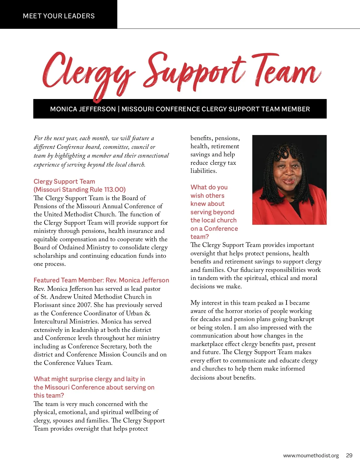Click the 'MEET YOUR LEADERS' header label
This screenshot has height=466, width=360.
click(59, 16)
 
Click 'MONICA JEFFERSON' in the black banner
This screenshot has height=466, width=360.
click(83, 109)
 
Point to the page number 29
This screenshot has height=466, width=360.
click(349, 455)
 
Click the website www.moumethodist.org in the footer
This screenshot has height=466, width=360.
click(311, 455)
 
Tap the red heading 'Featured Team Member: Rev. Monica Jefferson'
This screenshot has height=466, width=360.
click(101, 280)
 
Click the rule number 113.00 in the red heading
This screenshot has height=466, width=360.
click(114, 190)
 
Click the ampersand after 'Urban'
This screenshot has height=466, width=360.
click(147, 313)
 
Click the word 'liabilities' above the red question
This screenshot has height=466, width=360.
click(203, 171)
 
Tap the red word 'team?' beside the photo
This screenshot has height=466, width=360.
click(199, 236)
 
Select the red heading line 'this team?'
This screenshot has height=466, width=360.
click(49, 395)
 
